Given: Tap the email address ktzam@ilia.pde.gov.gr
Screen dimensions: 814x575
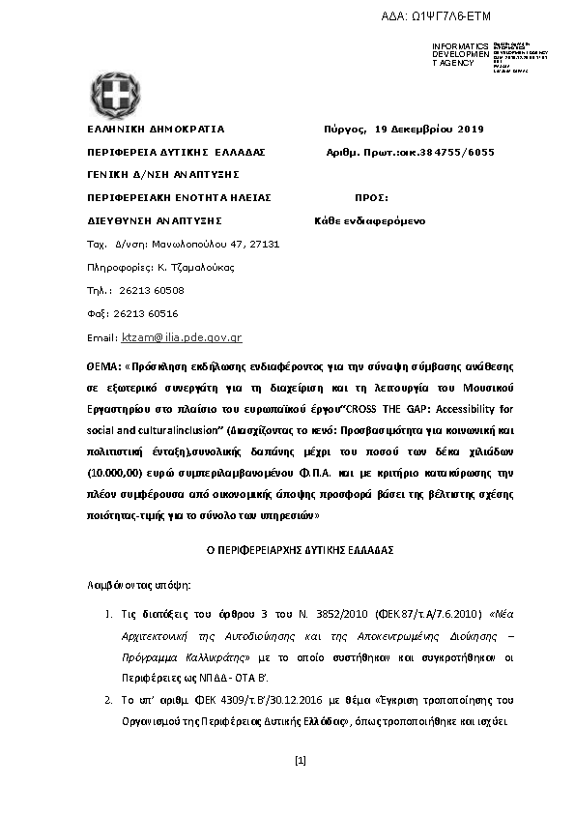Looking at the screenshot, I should [x=181, y=338].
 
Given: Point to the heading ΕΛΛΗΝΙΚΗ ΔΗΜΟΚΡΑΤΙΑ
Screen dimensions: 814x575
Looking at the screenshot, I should [x=156, y=129].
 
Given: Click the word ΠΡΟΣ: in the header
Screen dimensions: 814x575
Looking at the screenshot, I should [x=372, y=197].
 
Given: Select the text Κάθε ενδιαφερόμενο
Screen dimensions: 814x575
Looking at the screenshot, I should [x=370, y=220].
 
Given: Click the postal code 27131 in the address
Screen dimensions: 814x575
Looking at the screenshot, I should [x=263, y=244].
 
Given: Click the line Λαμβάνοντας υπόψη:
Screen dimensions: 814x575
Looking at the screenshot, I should [x=133, y=585].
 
